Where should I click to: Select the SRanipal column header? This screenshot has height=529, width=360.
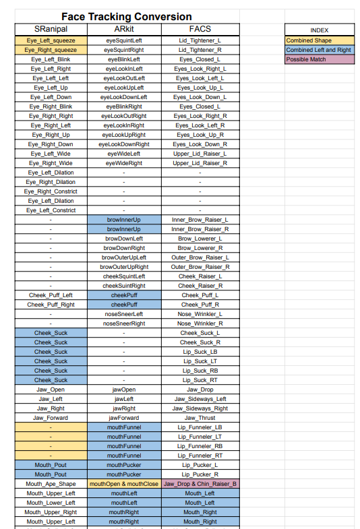pyautogui.click(x=51, y=30)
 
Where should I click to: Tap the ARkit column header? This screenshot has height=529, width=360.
pyautogui.click(x=124, y=30)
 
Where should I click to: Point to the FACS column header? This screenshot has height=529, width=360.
pyautogui.click(x=200, y=30)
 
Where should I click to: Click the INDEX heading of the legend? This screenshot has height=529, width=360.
pyautogui.click(x=320, y=30)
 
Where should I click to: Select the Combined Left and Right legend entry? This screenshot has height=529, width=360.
pyautogui.click(x=318, y=50)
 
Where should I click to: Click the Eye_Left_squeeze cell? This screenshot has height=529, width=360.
pyautogui.click(x=51, y=40)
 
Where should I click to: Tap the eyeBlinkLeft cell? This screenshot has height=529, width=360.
pyautogui.click(x=124, y=59)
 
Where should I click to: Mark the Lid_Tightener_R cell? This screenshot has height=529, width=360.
pyautogui.click(x=200, y=50)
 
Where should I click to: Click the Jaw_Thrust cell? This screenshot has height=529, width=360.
pyautogui.click(x=200, y=418)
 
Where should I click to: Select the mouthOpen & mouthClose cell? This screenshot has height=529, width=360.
pyautogui.click(x=124, y=484)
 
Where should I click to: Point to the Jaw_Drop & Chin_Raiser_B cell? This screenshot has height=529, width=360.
pyautogui.click(x=200, y=484)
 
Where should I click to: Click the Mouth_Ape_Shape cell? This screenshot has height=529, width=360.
pyautogui.click(x=51, y=484)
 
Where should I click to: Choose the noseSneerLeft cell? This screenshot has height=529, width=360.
pyautogui.click(x=124, y=314)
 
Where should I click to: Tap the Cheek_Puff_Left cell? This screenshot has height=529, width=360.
pyautogui.click(x=51, y=295)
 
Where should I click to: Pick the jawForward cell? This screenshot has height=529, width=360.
pyautogui.click(x=124, y=418)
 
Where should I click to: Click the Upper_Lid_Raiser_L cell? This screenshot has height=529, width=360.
pyautogui.click(x=200, y=154)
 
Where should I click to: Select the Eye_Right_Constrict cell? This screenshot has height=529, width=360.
pyautogui.click(x=51, y=191)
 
